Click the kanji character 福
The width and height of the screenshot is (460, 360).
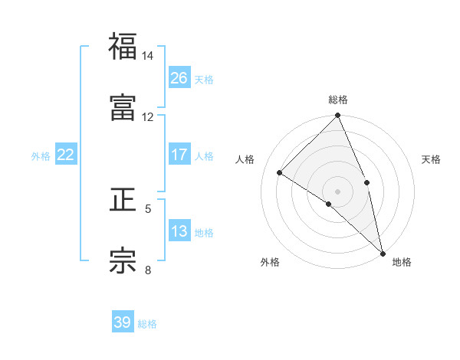123,47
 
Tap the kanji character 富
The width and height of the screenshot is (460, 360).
123,108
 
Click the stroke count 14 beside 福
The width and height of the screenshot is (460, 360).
148,56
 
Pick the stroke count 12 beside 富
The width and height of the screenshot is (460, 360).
148,117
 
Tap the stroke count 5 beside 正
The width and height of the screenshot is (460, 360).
148,208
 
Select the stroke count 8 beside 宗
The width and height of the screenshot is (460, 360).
148,270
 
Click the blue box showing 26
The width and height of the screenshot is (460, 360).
179,78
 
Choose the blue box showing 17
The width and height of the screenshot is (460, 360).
179,155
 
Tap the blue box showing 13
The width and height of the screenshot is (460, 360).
179,231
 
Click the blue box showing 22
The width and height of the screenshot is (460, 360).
66,155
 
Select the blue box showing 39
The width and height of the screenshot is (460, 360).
123,322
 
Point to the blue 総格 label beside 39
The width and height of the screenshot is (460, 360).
147,324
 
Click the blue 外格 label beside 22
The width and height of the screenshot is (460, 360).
41,156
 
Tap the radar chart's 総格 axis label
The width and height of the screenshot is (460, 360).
338,100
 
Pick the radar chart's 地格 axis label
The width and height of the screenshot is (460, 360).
402,263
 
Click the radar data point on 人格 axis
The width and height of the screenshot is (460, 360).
280,173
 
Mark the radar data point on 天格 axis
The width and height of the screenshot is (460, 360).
366,182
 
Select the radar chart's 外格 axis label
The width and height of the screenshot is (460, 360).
270,263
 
